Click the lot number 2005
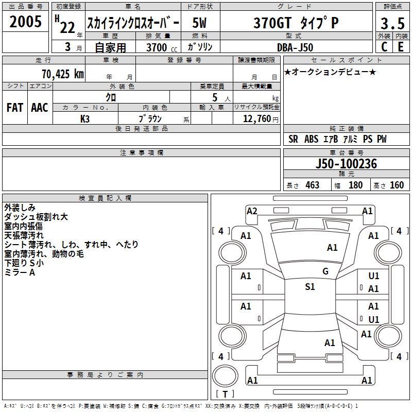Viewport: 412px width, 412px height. pyautogui.click(x=25, y=22)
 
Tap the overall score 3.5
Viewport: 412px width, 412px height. pyautogui.click(x=392, y=23)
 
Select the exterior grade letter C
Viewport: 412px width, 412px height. pyautogui.click(x=384, y=47)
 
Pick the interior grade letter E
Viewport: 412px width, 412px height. pyautogui.click(x=401, y=47)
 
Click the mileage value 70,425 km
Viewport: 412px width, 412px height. pyautogui.click(x=63, y=74)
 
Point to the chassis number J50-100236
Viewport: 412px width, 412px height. pyautogui.click(x=346, y=164)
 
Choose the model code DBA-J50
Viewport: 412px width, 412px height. pyautogui.click(x=295, y=47)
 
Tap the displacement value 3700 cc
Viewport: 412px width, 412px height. pyautogui.click(x=162, y=47)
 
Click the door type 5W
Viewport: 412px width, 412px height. pyautogui.click(x=199, y=23)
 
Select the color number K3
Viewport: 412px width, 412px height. pyautogui.click(x=85, y=119)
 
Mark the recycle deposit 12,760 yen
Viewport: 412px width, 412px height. pyautogui.click(x=261, y=119)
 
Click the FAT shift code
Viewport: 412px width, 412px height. pyautogui.click(x=15, y=108)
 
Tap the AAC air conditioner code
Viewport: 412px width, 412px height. pyautogui.click(x=40, y=108)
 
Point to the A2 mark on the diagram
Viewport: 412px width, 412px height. pyautogui.click(x=252, y=211)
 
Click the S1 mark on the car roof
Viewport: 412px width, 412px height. pyautogui.click(x=310, y=287)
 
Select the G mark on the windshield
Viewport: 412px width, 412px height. pyautogui.click(x=325, y=271)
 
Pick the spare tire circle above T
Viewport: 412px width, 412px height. pyautogui.click(x=225, y=376)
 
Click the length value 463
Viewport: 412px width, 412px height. pyautogui.click(x=313, y=185)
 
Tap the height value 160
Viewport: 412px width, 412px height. pyautogui.click(x=397, y=185)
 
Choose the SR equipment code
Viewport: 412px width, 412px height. pyautogui.click(x=293, y=139)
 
